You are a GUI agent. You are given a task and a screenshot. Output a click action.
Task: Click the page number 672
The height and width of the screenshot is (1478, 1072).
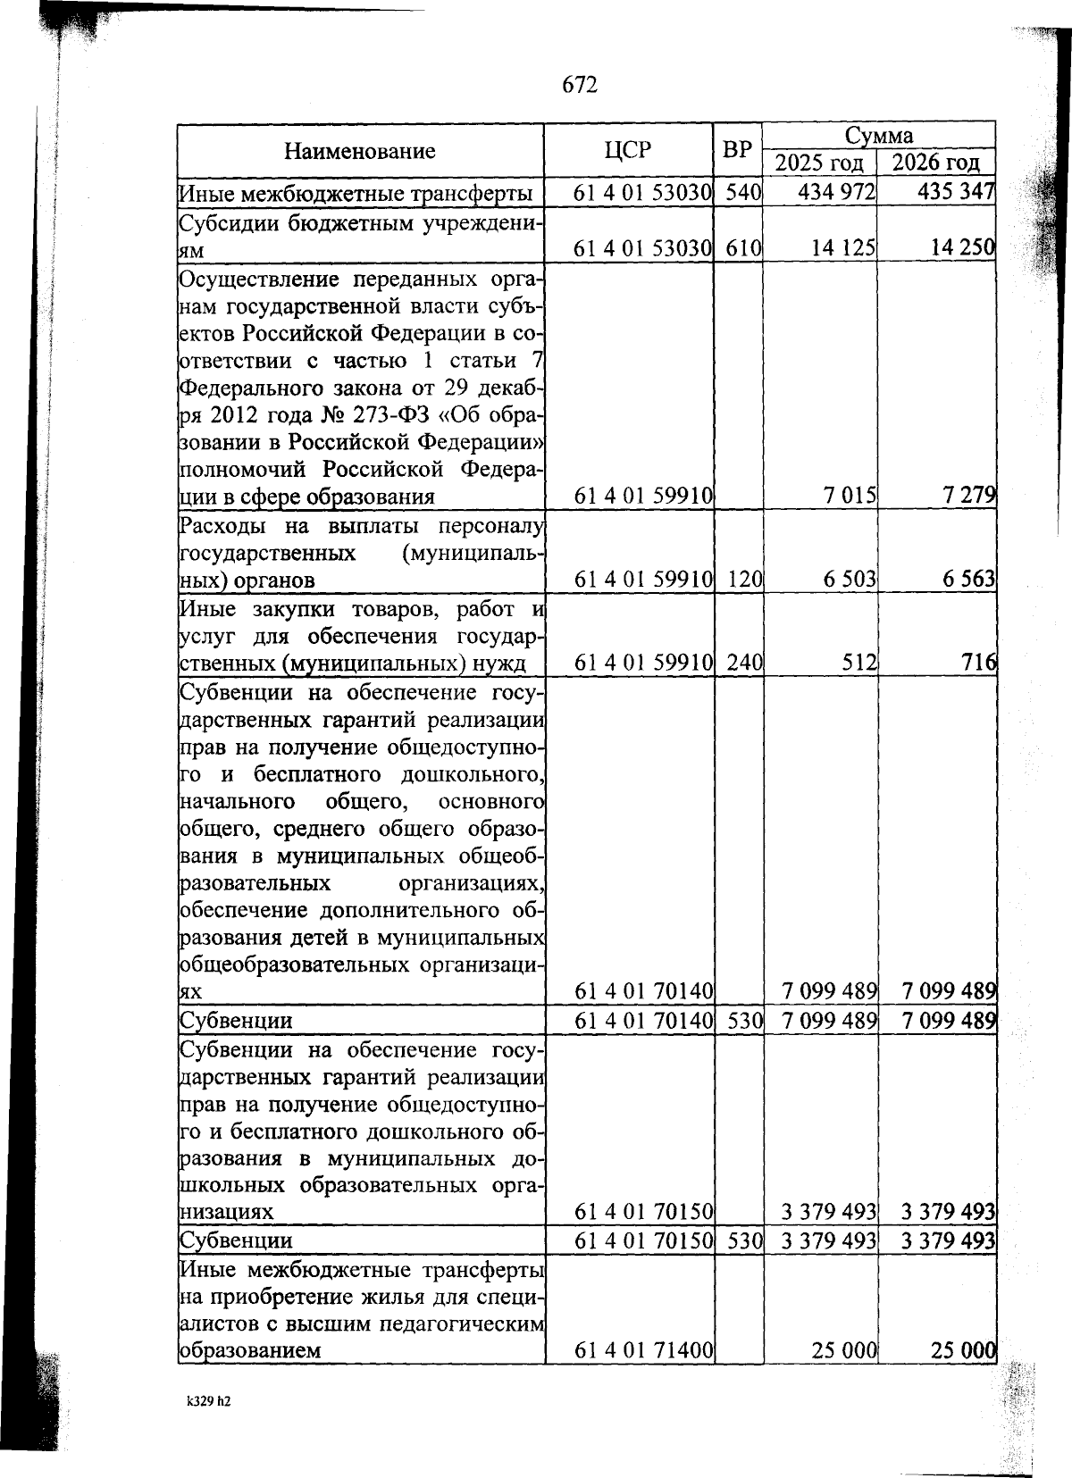(x=579, y=85)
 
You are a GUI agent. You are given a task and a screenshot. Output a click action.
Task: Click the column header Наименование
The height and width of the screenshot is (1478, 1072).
(x=360, y=151)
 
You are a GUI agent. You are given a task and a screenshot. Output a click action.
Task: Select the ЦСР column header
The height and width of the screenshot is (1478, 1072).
(x=627, y=150)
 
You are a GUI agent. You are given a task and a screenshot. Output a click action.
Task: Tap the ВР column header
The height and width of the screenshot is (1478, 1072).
(x=737, y=150)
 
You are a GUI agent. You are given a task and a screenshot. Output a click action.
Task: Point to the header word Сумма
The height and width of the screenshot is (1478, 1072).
(x=879, y=136)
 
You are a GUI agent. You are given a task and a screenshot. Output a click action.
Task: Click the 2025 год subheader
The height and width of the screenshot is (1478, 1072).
(x=819, y=163)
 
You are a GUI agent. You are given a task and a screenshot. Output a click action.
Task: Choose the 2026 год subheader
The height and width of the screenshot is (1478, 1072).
(x=936, y=163)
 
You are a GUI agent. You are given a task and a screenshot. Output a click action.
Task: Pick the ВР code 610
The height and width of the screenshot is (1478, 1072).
(x=738, y=248)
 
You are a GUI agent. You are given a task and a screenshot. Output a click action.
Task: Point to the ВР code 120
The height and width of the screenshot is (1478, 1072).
(x=738, y=580)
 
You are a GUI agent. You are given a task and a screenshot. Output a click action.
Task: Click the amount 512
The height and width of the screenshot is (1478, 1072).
(x=859, y=663)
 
